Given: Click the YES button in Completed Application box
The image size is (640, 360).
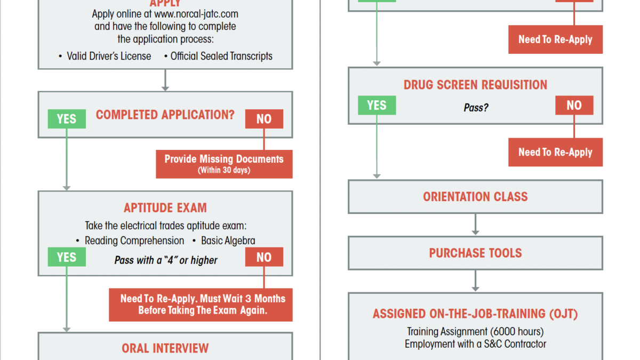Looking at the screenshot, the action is tap(67, 119).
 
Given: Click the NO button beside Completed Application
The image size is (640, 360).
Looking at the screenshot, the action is tap(264, 119).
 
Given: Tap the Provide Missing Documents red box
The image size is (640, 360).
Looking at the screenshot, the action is tap(224, 164).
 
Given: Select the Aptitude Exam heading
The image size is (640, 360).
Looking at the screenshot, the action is tap(165, 207).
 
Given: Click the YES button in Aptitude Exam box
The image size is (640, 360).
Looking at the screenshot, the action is tap(67, 257).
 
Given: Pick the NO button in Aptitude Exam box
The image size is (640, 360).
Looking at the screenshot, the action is tap(264, 257).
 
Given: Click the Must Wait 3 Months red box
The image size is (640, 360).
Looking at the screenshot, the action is tap(201, 305).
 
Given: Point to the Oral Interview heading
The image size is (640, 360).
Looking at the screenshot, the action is tap(165, 348).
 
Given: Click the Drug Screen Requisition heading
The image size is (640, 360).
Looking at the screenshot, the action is tap(475, 85).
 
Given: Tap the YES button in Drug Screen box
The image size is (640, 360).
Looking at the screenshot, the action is tap(377, 105).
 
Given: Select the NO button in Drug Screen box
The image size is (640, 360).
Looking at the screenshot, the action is tap(574, 105).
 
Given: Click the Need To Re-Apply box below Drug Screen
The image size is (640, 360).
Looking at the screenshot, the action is tap(555, 152).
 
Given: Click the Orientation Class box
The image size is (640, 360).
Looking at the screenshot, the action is tap(475, 197).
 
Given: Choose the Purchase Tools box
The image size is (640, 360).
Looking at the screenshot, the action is tap(475, 253).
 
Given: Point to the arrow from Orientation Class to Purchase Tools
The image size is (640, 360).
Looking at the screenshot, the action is tap(475, 225).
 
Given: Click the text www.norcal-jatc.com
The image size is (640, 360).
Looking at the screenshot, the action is tap(196, 14).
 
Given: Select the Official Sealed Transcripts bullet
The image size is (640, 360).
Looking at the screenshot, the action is tap(219, 56).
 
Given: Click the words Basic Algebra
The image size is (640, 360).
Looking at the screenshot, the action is tap(228, 241).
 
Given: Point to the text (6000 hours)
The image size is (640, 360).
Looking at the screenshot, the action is tap(517, 331).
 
